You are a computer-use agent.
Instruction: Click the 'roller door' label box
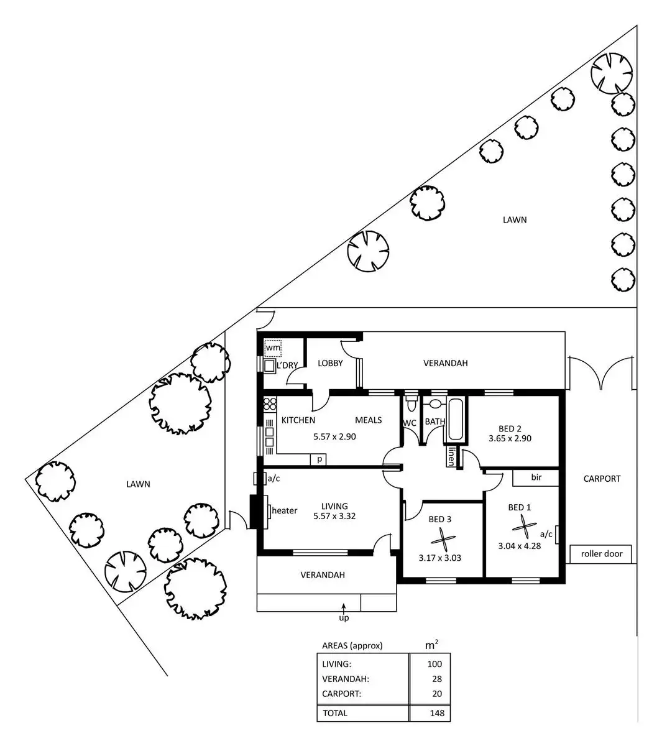[x=600, y=553]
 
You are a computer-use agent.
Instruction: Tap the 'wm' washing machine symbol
[x=273, y=348]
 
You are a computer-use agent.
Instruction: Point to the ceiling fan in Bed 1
[x=524, y=528]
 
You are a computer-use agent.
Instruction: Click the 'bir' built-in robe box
[x=536, y=478]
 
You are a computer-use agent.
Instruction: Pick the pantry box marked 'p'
[x=319, y=459]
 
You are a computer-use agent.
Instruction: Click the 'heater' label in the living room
[x=285, y=510]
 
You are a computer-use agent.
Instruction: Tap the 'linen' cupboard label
[x=450, y=457]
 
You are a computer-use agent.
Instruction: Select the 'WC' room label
[x=409, y=423]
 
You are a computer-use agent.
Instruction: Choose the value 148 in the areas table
[x=436, y=713]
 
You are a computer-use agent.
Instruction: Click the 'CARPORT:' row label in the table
[x=341, y=694]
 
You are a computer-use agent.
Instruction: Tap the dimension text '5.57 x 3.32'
[x=334, y=516]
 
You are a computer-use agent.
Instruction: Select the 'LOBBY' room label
[x=330, y=363]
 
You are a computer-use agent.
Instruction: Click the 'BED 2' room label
[x=510, y=428]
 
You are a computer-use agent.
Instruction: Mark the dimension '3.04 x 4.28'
[x=519, y=546]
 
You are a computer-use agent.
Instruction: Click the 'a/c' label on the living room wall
[x=273, y=478]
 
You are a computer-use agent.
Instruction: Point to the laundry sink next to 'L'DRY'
[x=269, y=366]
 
